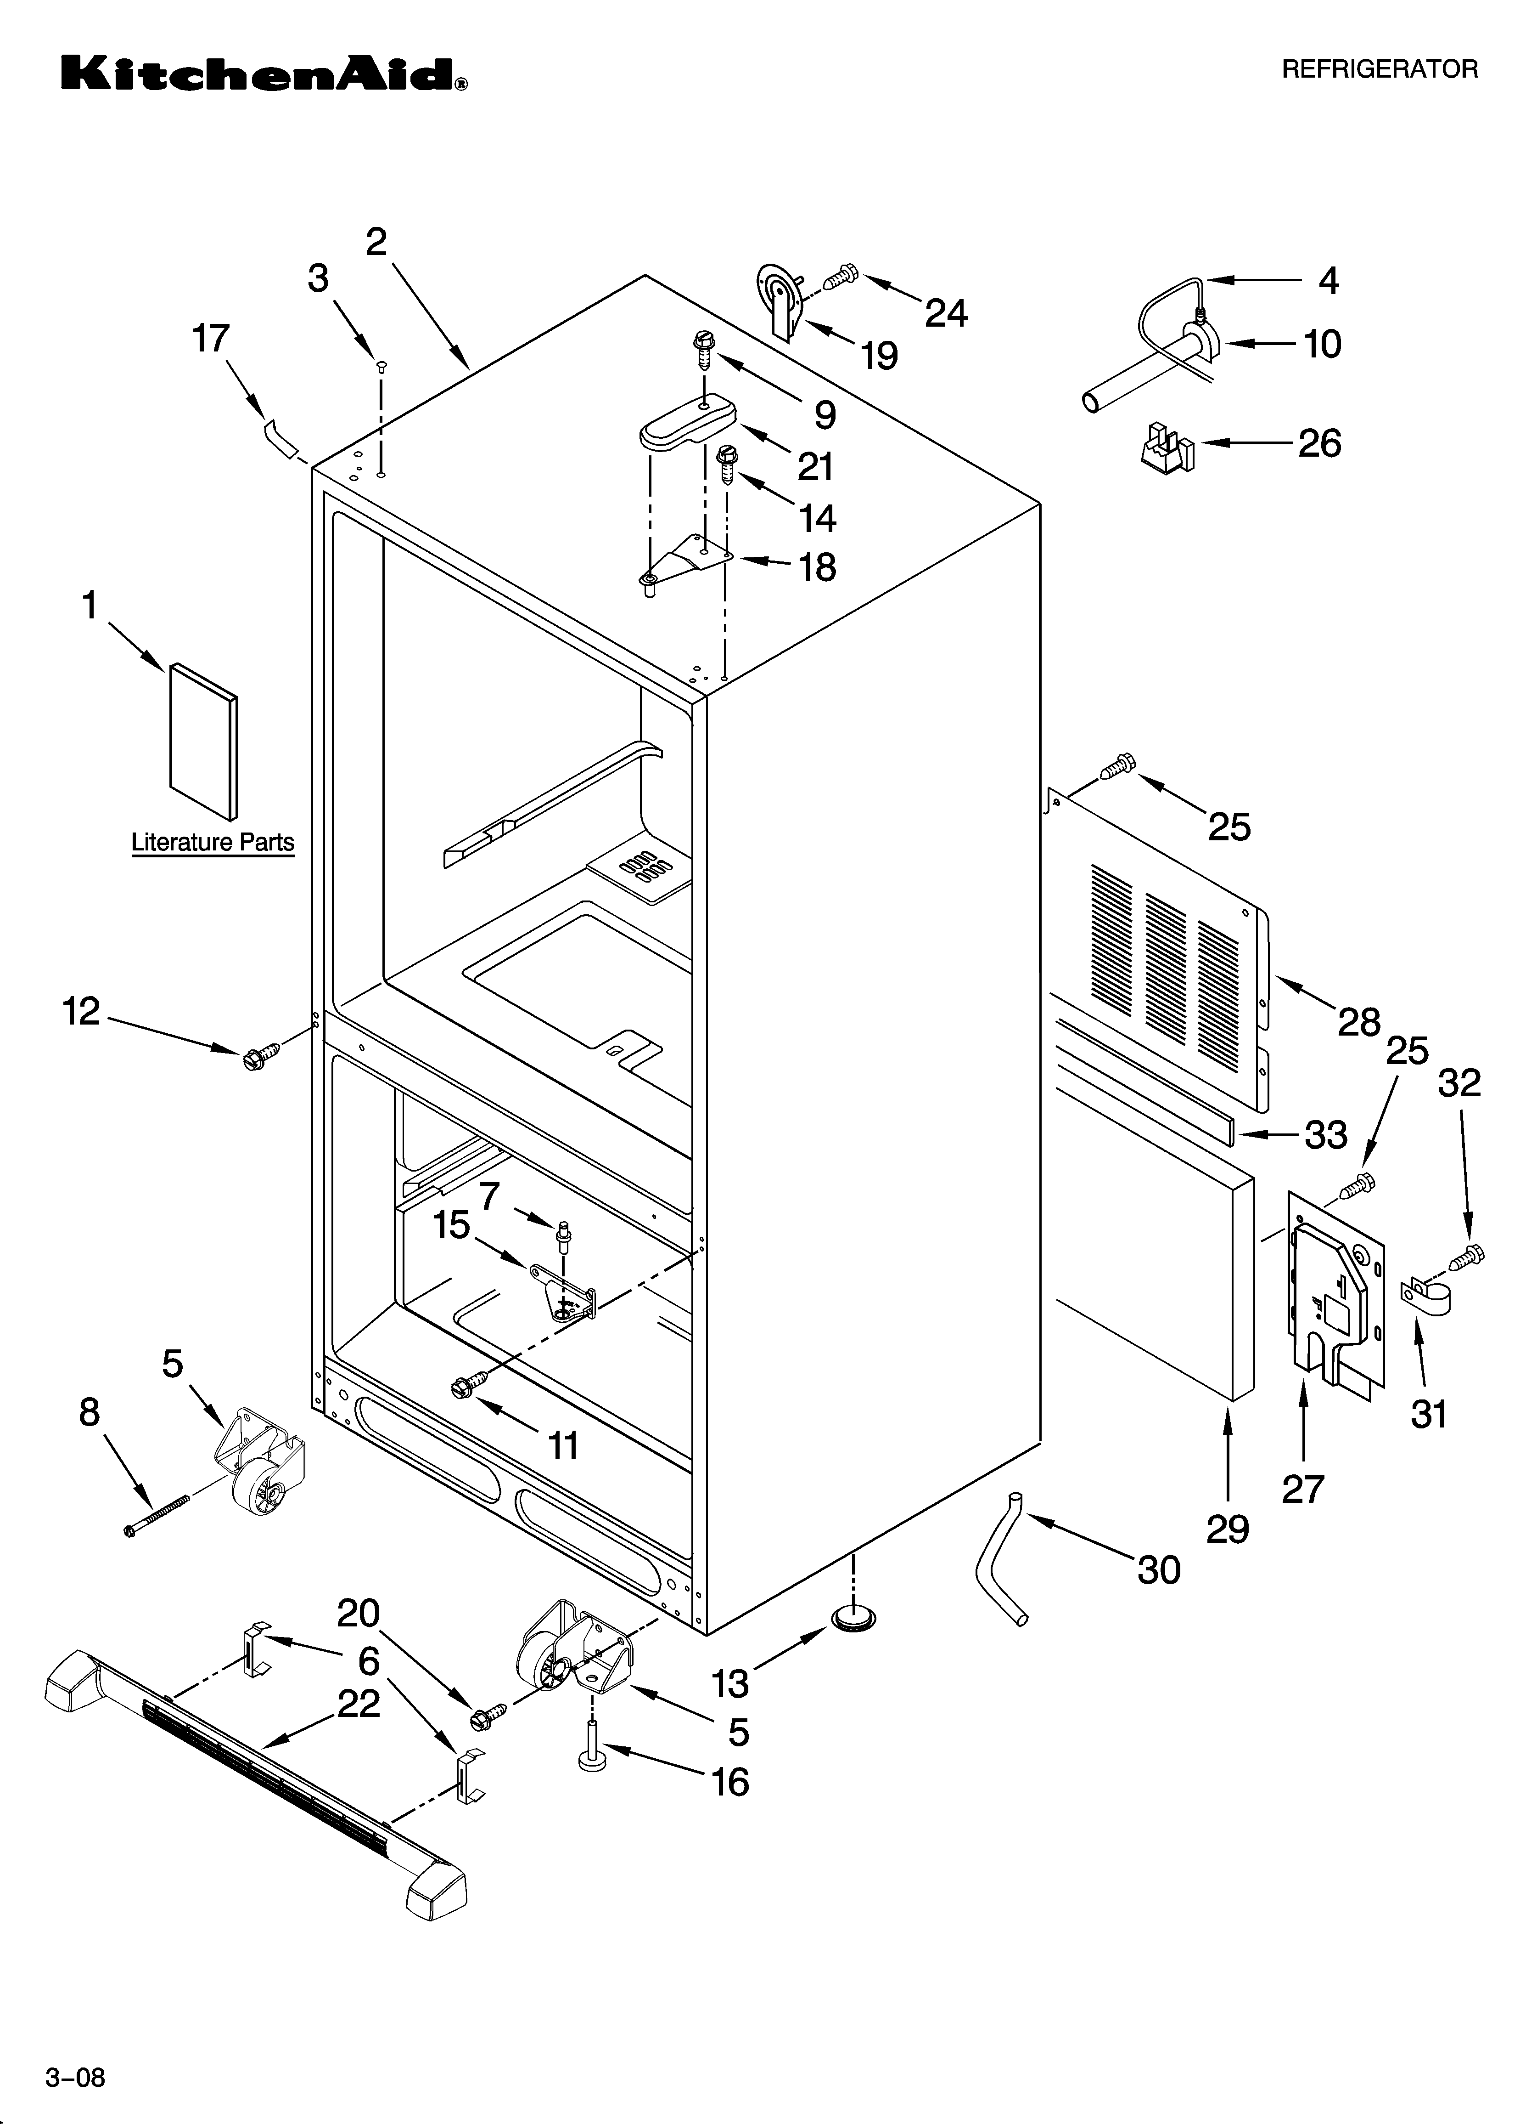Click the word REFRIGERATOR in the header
tap(1379, 69)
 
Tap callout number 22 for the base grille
tap(359, 1704)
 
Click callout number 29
tap(1227, 1529)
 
